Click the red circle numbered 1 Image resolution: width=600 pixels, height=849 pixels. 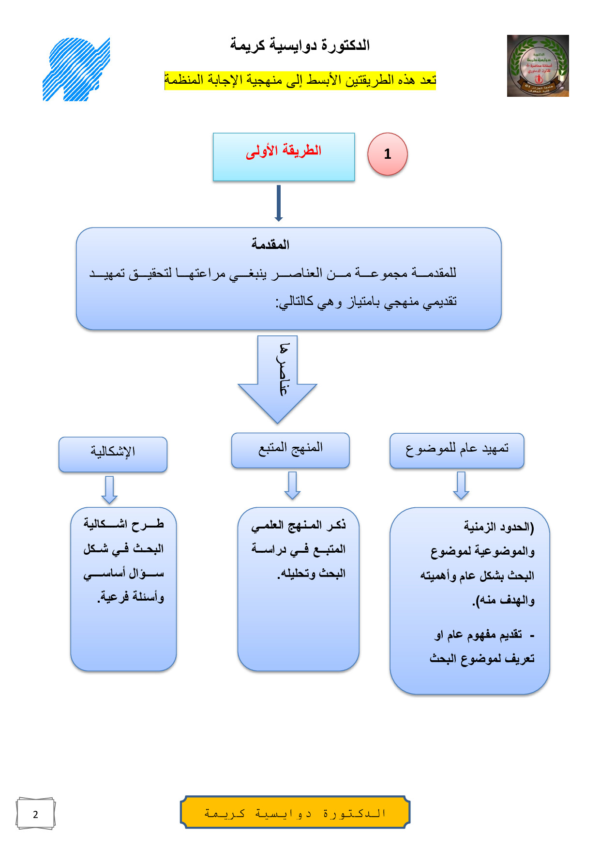tap(388, 154)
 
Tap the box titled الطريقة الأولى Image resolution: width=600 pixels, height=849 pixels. tap(284, 157)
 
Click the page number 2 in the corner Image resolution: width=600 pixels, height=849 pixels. tap(35, 814)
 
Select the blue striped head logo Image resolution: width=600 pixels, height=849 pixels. tap(76, 69)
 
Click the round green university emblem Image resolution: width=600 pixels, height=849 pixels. tap(538, 66)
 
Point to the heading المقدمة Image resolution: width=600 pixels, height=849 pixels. tap(270, 244)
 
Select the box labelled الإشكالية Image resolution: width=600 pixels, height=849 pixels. tap(113, 454)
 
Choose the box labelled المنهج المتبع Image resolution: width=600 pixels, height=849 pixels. tap(290, 450)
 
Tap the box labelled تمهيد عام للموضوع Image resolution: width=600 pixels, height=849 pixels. tap(457, 451)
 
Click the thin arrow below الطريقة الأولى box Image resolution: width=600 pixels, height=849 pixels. tap(278, 203)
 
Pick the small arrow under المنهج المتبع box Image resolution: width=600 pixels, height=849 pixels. tap(292, 485)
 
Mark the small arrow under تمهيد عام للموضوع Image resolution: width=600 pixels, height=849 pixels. tap(461, 485)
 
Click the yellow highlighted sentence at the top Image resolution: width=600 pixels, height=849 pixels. tap(300, 80)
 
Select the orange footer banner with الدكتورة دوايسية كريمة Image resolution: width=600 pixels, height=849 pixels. tap(295, 812)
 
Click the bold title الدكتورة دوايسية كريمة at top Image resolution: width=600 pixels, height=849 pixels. tap(300, 45)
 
